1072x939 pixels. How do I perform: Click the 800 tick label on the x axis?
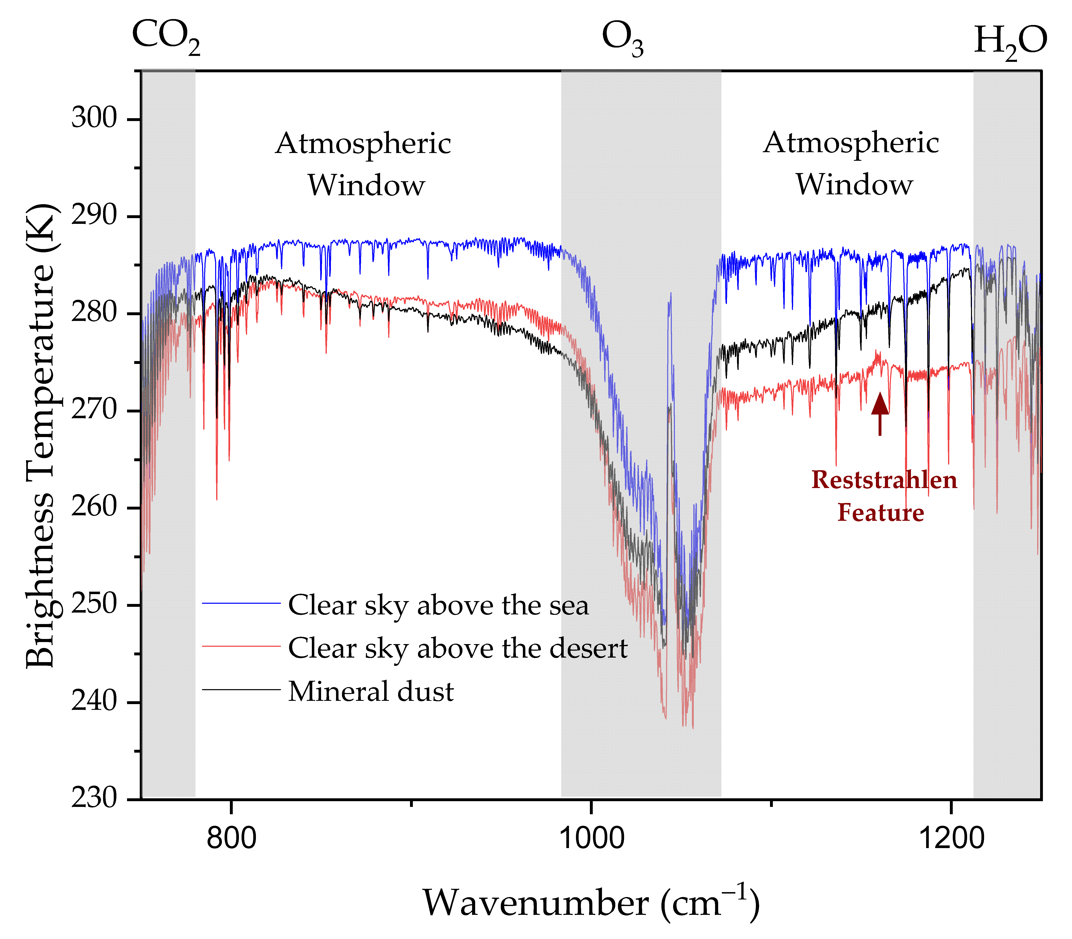(x=231, y=837)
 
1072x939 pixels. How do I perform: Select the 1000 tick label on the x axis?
(x=591, y=837)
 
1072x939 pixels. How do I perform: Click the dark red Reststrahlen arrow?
(x=880, y=414)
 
